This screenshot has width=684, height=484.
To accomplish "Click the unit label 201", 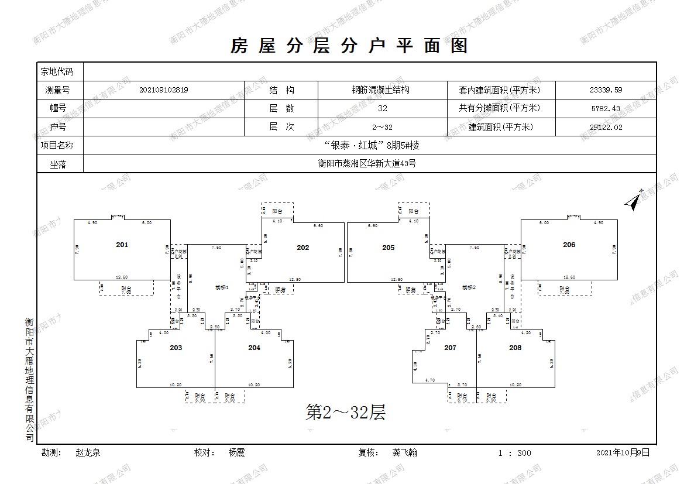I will (122, 245).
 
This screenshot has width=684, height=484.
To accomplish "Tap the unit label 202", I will (303, 248).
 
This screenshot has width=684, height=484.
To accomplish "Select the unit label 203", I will (176, 348).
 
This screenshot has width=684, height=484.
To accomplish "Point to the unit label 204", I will (254, 348).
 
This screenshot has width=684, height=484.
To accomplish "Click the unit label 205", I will (389, 248).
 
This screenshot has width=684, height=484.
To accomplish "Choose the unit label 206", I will (569, 245).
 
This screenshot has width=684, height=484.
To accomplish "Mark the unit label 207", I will (450, 348).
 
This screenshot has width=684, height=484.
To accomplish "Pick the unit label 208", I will (515, 348).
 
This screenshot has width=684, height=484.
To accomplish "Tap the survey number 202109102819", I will (164, 90).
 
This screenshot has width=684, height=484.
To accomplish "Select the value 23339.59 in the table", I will (606, 90).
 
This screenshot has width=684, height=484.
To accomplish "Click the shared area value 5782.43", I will (606, 108).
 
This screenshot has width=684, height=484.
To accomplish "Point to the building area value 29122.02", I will (606, 127).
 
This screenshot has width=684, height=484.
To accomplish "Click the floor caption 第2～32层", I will (346, 413).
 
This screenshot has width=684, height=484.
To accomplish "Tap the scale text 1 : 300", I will (515, 453).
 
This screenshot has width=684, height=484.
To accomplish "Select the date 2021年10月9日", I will (623, 453).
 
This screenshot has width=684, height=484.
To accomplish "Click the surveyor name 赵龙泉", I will (88, 453).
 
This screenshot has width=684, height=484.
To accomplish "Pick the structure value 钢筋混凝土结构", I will (380, 90).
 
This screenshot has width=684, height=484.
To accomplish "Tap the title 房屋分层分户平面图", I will (349, 46).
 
